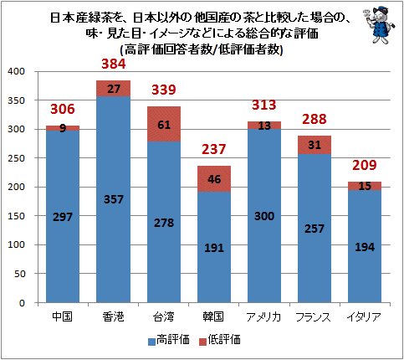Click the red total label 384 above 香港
point(114,64)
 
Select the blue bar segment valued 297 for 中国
point(63,217)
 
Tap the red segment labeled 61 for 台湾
point(164,124)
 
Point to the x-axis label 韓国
point(213,316)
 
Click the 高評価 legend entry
point(169,340)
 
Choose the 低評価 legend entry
point(220,340)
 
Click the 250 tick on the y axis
point(17,158)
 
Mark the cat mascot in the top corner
point(379,25)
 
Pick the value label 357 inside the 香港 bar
point(114,199)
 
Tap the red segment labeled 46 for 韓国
point(214,179)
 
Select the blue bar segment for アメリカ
point(264,216)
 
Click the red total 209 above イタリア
point(365,165)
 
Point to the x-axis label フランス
point(314,317)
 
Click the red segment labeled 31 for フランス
point(315,145)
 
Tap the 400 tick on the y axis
point(17,71)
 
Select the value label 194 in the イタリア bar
point(365,247)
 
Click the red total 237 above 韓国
point(213,149)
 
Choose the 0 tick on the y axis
point(23,303)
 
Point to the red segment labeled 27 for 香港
point(114,88)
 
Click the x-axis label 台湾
point(164,316)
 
